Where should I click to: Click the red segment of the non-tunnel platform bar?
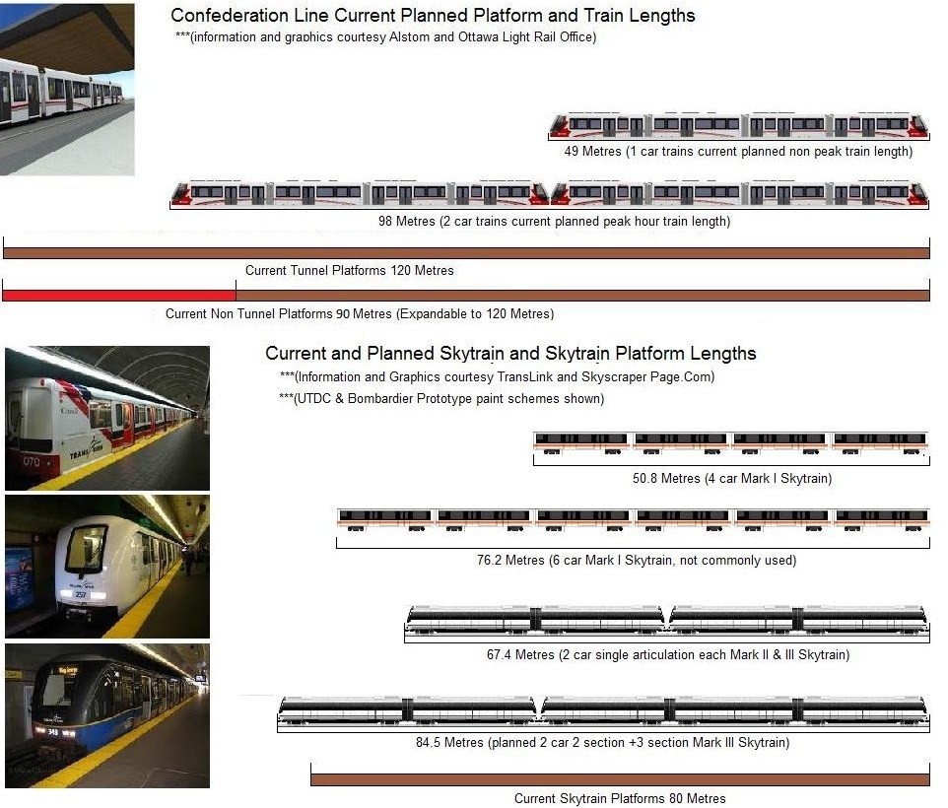tap(119, 296)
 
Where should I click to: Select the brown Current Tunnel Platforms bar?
tap(466, 253)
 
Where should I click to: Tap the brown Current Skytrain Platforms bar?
tap(620, 779)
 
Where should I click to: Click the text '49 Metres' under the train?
tap(592, 151)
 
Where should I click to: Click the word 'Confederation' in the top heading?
tap(230, 16)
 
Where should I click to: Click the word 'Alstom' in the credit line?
tap(409, 36)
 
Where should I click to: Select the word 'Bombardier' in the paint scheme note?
tap(379, 399)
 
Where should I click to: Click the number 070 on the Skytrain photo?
tap(32, 462)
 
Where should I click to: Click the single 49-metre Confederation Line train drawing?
tap(738, 125)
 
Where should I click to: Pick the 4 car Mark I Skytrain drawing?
tap(730, 443)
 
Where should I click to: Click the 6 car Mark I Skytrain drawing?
tap(633, 520)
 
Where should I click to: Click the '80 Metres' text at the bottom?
tap(697, 798)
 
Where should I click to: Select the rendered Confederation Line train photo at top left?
tap(67, 90)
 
